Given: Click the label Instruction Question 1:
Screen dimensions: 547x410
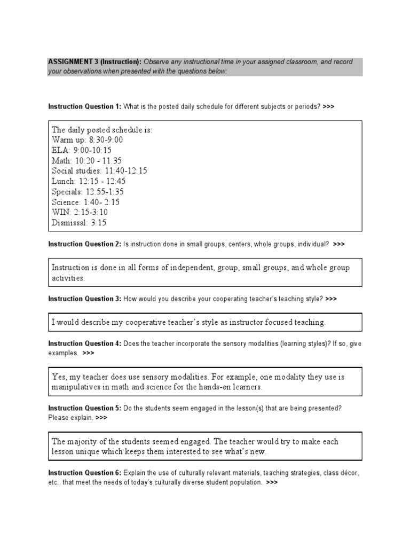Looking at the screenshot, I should coord(85,106).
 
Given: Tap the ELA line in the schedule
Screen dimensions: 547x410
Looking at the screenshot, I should coord(82,151).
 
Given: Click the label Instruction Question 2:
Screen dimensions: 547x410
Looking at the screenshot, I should coord(85,244).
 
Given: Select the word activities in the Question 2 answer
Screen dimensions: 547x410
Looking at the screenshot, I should coord(68,278).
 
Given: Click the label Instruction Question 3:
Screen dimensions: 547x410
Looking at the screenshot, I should coord(85,299).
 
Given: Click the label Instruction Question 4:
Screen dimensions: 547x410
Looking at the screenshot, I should coord(85,343).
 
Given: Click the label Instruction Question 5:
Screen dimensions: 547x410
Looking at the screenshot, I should coord(85,408).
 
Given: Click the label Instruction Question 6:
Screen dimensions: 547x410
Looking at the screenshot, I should coord(85,473).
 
